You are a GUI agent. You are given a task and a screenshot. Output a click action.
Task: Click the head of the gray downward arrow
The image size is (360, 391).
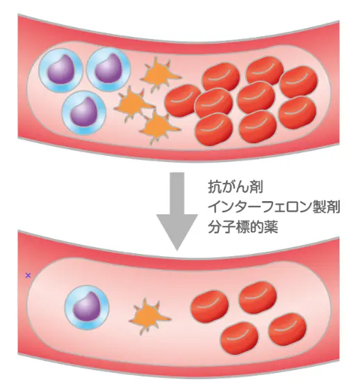coord(177,232)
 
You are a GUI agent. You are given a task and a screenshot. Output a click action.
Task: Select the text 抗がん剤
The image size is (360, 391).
coord(236,186)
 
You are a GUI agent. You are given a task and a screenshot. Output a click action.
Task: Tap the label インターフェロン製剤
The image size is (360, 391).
coord(274,207)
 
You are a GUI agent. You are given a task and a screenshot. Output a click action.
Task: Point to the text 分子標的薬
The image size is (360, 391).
coord(243,227)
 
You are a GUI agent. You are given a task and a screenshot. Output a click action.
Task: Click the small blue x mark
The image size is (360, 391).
coord(28,276)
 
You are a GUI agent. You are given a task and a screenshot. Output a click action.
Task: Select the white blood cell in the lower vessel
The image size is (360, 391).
coord(87,308)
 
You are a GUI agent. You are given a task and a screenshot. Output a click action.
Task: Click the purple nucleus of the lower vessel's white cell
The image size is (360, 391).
coord(86,306)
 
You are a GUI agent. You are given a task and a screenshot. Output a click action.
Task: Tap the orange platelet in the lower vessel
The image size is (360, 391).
coord(149,317)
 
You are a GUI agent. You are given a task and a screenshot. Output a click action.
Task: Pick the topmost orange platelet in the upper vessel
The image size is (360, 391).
coord(160,74)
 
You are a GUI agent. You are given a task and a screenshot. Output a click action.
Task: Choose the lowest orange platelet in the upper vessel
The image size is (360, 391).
coord(159,127)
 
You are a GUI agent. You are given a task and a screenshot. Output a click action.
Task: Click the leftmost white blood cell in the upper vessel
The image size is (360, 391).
coord(60,70)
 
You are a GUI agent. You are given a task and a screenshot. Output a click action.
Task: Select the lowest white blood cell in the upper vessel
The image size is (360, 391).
coord(84,113)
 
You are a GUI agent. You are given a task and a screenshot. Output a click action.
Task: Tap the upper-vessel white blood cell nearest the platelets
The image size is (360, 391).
coord(108,69)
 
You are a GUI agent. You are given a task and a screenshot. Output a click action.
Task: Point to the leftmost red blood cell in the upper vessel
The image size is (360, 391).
coord(183,100)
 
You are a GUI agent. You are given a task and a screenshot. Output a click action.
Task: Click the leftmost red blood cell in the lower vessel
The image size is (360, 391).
coord(209,307)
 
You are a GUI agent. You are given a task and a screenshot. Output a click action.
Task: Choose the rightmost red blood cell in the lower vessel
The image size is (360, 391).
coord(288,330)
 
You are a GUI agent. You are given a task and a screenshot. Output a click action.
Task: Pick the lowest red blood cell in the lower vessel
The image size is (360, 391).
coord(240,338)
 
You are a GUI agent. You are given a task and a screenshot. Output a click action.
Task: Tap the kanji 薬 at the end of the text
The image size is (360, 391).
coord(271,227)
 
